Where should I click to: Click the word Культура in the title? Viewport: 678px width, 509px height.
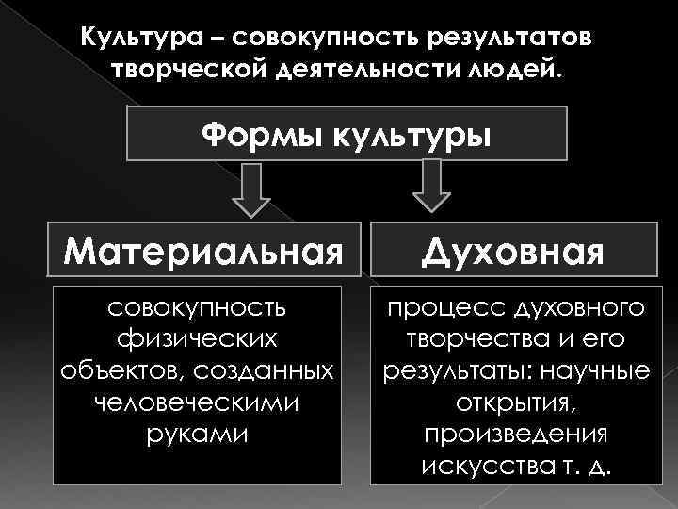coord(132,37)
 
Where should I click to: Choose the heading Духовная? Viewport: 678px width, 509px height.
coord(512,253)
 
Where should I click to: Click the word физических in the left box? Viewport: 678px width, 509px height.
coord(196,337)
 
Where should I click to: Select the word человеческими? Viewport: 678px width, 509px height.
coord(196,402)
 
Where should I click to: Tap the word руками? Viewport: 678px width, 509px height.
coord(196,435)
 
